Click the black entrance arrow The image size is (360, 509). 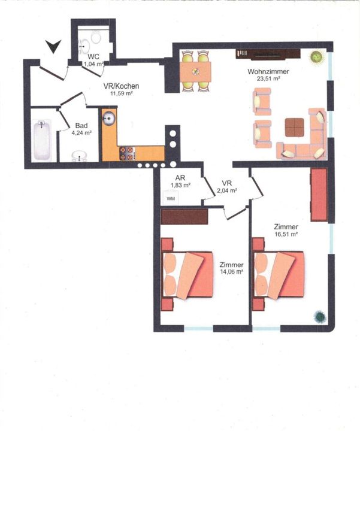tap(53, 47)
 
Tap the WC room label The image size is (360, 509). tap(93, 57)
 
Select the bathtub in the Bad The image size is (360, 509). tap(42, 140)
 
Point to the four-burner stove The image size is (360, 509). tap(127, 153)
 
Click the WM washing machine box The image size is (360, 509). tap(170, 198)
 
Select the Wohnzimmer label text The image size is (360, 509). tap(268, 71)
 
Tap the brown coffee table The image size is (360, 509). tap(295, 127)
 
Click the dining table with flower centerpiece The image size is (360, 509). tap(195, 72)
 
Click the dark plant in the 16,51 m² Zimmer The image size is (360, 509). tap(320, 317)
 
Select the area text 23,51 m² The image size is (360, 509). tap(268, 78)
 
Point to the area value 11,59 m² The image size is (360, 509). tap(122, 93)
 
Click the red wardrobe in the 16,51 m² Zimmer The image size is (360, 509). tap(319, 195)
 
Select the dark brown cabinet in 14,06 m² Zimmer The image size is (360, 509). tap(184, 217)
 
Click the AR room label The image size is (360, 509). tap(180, 178)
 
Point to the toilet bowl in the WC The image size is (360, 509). tap(96, 38)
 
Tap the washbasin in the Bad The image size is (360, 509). tap(79, 156)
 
